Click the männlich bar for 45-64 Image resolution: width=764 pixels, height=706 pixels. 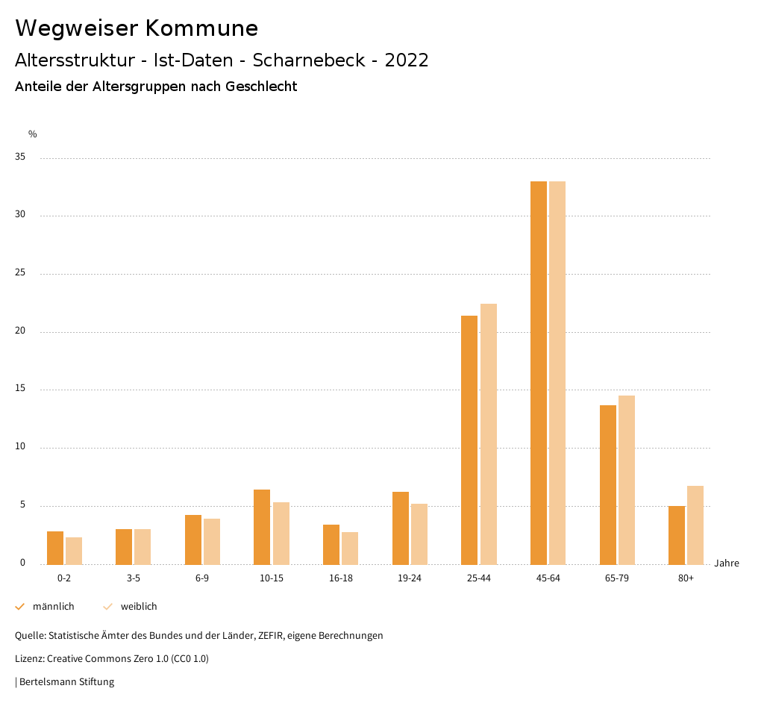539,372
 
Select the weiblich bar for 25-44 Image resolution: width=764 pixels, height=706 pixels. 489,434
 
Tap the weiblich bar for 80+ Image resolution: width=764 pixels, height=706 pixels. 695,525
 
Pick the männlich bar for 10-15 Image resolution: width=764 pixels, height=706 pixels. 262,527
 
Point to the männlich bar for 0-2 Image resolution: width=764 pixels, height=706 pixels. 55,548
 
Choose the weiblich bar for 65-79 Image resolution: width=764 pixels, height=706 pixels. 627,480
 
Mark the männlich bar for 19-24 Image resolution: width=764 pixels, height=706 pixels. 401,528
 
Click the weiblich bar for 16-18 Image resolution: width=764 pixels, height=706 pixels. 350,548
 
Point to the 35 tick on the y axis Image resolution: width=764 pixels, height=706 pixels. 20,157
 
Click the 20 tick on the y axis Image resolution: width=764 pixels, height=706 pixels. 20,331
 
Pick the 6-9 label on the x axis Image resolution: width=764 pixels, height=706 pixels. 202,578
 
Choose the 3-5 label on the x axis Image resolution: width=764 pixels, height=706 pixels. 134,578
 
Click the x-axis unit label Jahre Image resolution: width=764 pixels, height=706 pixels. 727,563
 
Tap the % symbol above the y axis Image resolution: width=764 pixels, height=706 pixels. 33,134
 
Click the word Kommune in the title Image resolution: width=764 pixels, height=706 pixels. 201,28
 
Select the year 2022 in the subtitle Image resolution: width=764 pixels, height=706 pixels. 407,60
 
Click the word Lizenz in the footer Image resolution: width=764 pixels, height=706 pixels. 29,659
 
